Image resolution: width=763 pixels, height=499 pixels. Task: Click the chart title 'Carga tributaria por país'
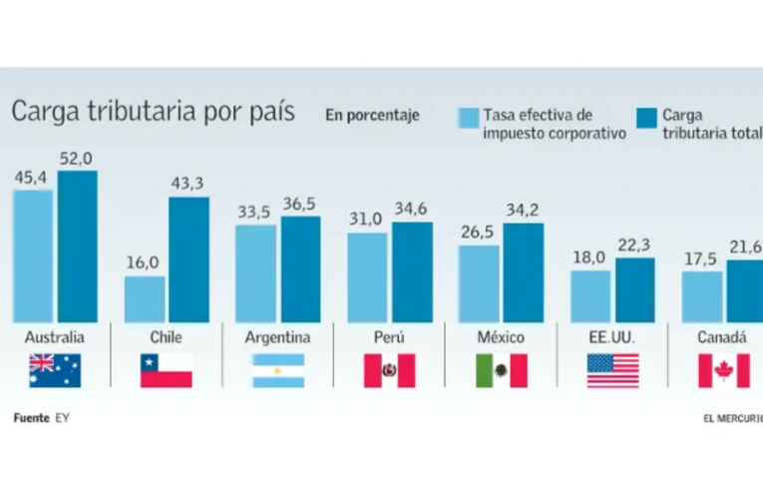[x=153, y=111]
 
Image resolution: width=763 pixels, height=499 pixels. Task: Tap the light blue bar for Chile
[x=145, y=298]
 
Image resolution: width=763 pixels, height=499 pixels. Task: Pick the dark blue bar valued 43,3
[x=189, y=258]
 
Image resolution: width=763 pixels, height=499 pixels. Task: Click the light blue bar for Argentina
[x=256, y=272]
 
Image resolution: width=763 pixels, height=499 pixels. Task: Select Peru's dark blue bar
[x=412, y=271]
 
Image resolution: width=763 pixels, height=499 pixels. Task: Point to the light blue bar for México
[x=479, y=283]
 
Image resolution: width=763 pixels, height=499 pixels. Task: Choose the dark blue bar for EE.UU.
[x=634, y=289]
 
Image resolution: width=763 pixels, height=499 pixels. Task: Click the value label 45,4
[x=33, y=178]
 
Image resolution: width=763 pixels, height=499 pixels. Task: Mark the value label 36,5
[x=300, y=204]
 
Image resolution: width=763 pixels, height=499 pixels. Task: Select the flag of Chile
[x=166, y=370]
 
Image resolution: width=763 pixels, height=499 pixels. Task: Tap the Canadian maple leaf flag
[x=723, y=370]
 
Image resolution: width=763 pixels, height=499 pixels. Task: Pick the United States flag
[x=612, y=370]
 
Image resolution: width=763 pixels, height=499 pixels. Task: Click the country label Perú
[x=389, y=337]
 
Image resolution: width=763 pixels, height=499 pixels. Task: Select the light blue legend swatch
[x=468, y=118]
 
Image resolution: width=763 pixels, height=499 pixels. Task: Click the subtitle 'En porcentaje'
[x=372, y=115]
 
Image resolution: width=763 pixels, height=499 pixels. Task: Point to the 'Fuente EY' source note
[x=42, y=417]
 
